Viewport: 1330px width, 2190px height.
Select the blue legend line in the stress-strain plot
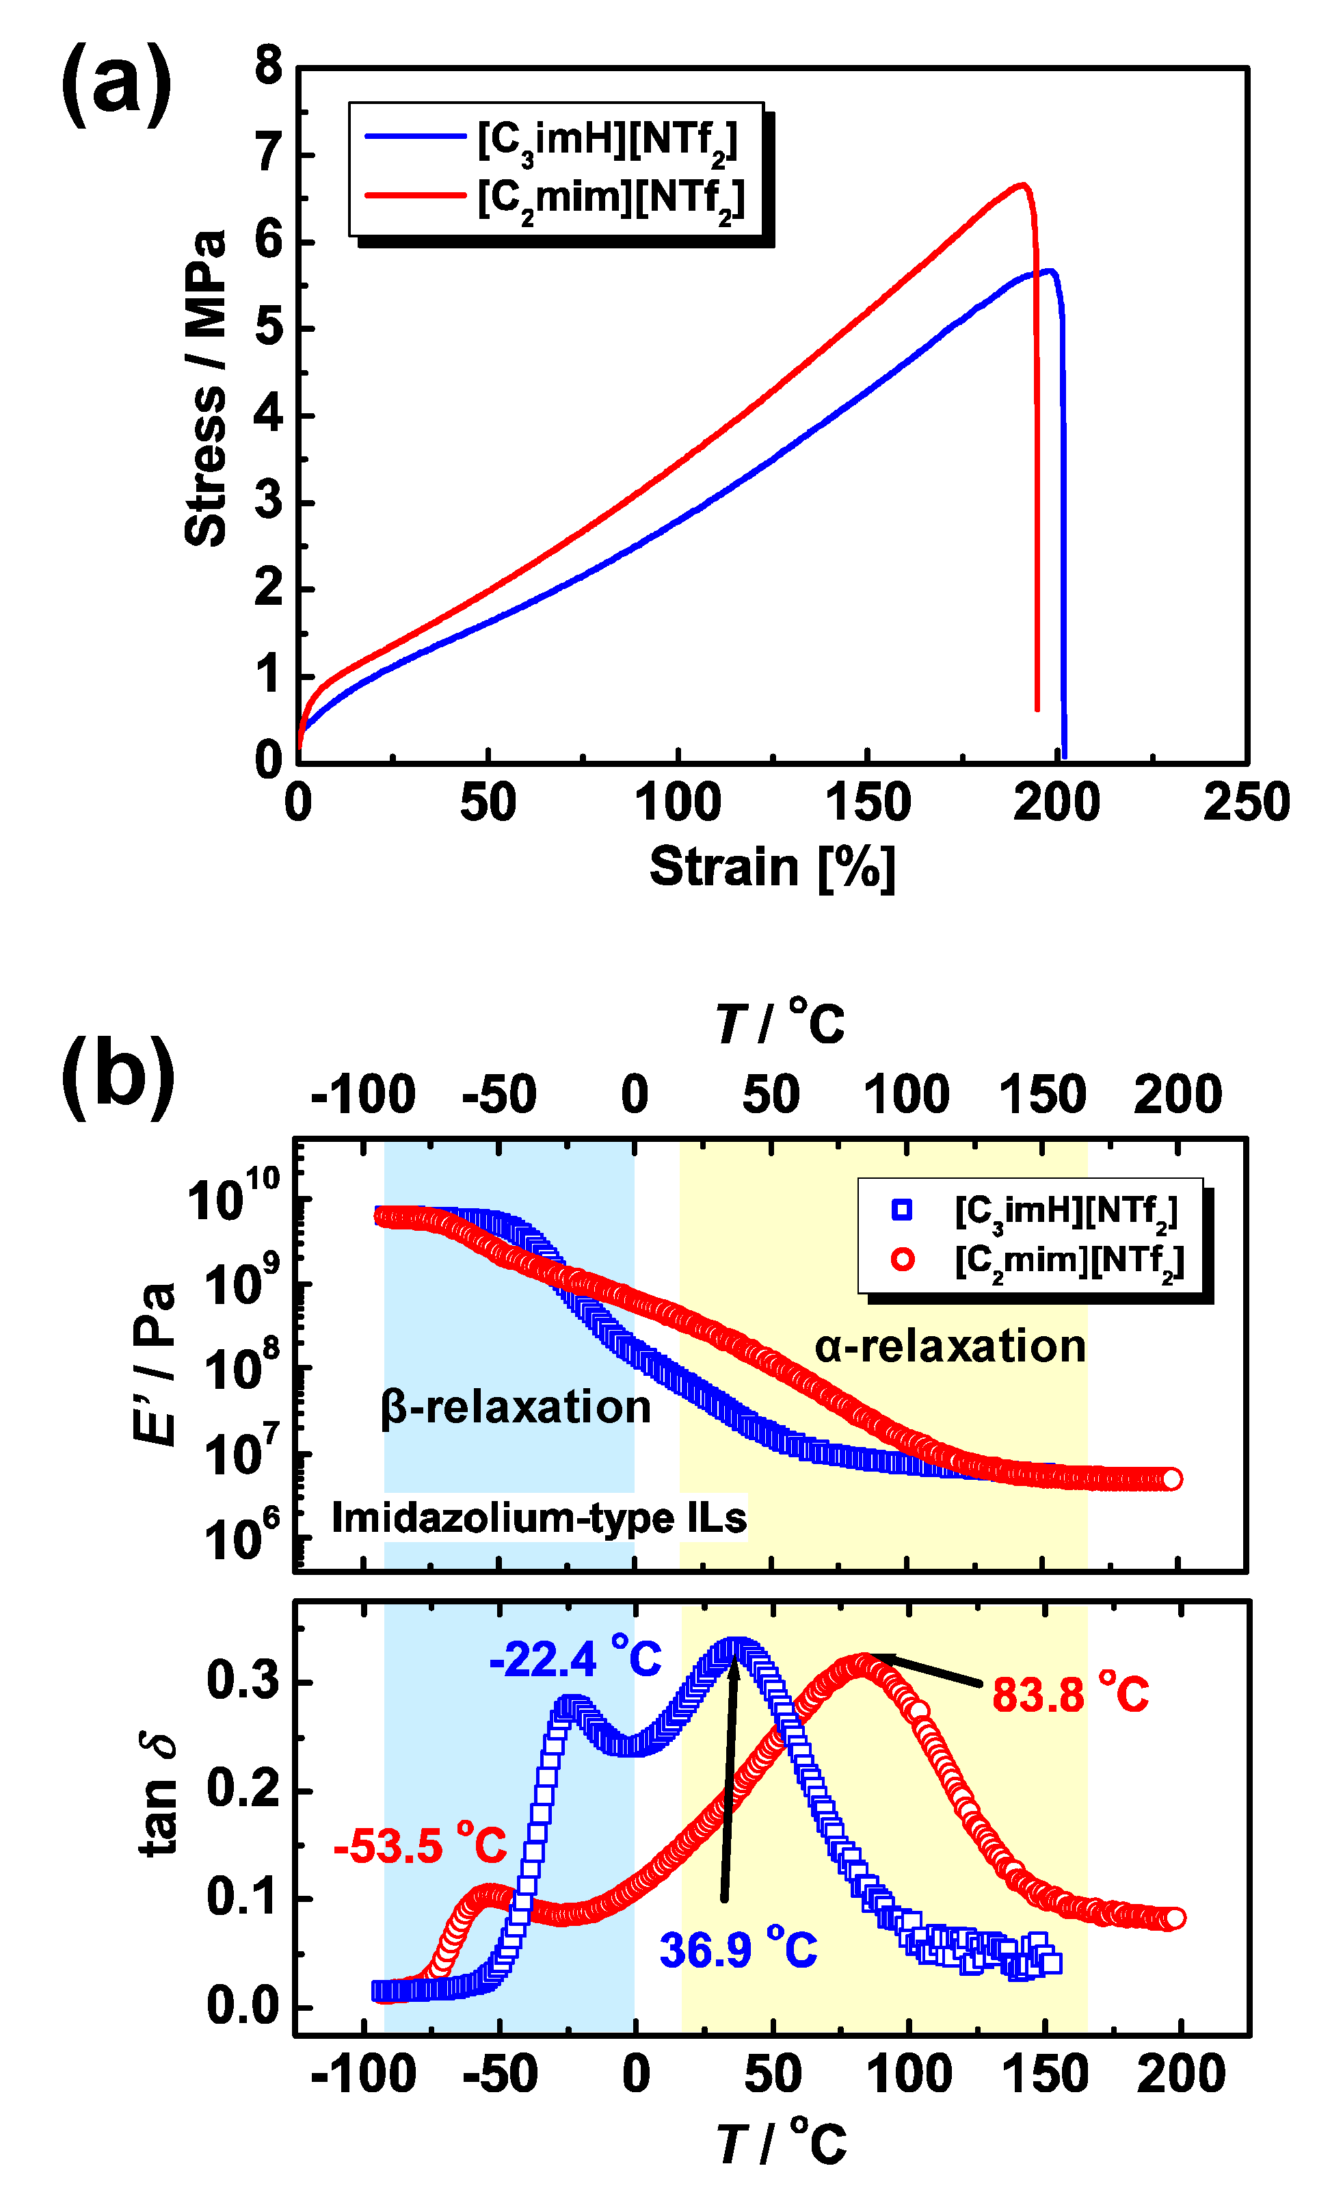[415, 136]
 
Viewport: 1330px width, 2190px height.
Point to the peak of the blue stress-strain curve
[1050, 270]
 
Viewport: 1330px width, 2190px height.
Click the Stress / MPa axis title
[206, 389]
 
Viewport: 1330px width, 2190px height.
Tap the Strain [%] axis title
[771, 867]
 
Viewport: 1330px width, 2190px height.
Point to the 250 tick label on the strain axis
[1246, 803]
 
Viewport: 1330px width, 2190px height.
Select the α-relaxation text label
[950, 1346]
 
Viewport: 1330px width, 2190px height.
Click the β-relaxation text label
[516, 1407]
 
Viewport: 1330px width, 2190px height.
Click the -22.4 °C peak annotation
[575, 1658]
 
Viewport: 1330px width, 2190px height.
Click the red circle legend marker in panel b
[902, 1260]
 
